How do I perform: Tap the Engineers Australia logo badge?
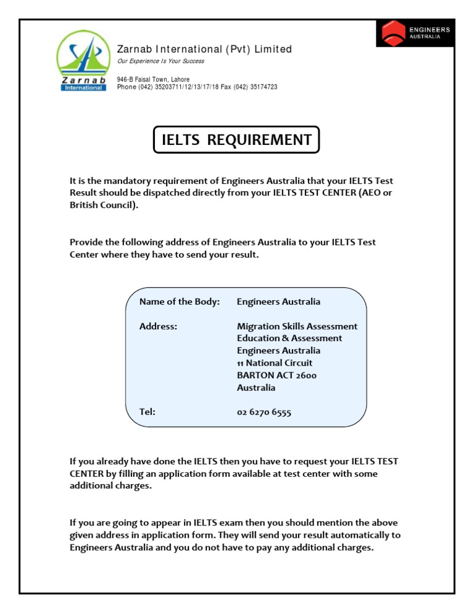click(415, 33)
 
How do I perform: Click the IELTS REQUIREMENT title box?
click(236, 140)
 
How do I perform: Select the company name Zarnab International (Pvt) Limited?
click(204, 49)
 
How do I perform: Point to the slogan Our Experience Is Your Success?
click(160, 61)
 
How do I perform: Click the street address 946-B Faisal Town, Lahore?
click(153, 80)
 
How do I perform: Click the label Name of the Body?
click(179, 302)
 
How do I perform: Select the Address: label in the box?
click(158, 326)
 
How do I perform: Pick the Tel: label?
click(147, 412)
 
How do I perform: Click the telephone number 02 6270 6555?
click(264, 413)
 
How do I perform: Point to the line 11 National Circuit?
click(275, 363)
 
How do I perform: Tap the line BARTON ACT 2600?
click(277, 376)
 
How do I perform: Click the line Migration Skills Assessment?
click(297, 326)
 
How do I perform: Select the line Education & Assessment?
click(289, 339)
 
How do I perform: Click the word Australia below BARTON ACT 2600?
click(256, 388)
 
